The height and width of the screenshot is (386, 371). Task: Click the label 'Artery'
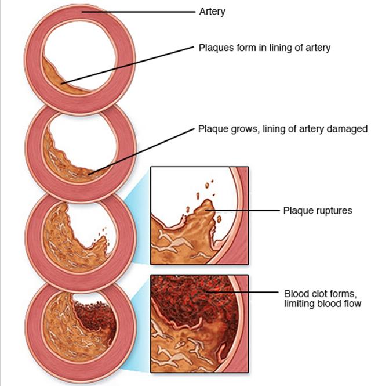(212, 11)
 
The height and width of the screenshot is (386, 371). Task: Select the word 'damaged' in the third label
(345, 129)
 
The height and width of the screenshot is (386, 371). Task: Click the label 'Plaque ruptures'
(317, 210)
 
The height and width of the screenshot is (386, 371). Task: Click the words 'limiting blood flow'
(322, 303)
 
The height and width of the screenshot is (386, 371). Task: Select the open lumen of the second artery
(87, 139)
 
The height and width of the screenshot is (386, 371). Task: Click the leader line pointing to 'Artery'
(139, 11)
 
